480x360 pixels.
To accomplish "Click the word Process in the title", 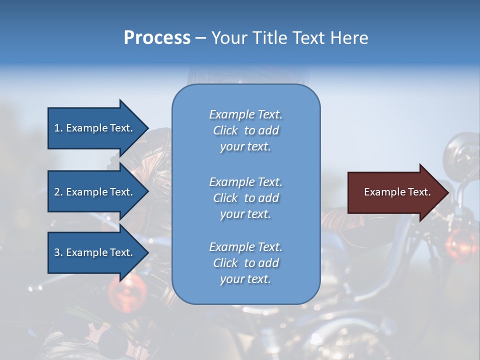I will pyautogui.click(x=157, y=38).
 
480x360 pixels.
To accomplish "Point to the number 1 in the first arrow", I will pyautogui.click(x=57, y=128).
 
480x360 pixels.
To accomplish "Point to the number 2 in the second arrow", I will pyautogui.click(x=57, y=192).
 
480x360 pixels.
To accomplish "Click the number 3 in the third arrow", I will pyautogui.click(x=57, y=252).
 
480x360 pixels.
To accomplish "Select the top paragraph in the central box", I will pyautogui.click(x=245, y=130).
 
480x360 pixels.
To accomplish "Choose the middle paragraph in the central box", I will pyautogui.click(x=245, y=198).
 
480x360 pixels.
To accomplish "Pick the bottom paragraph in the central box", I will pyautogui.click(x=245, y=263).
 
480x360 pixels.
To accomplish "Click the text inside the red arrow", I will pyautogui.click(x=397, y=192).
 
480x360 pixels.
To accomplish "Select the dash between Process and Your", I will pyautogui.click(x=200, y=38).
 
